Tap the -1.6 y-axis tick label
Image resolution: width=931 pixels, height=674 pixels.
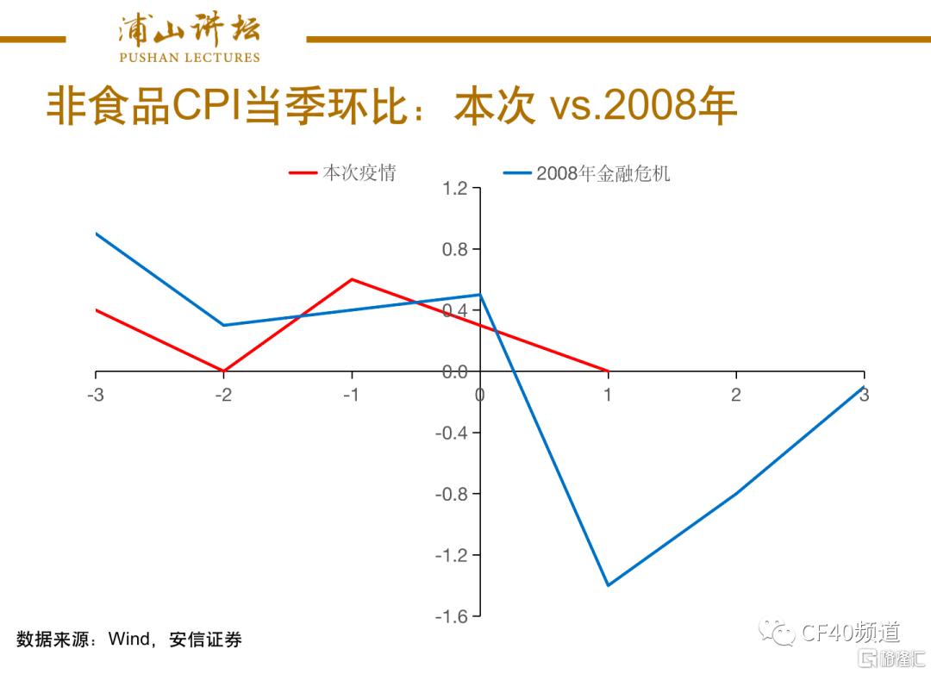(453, 616)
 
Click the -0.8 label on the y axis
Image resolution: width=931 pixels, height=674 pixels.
(453, 494)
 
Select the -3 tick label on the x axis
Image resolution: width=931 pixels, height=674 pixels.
(96, 395)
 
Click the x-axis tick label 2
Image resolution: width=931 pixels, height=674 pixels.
(736, 395)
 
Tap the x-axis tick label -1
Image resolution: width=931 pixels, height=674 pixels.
(351, 395)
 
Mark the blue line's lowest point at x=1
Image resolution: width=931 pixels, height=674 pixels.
(608, 585)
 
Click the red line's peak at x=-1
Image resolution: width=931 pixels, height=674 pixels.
(352, 279)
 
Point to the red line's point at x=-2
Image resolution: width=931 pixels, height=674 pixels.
(224, 371)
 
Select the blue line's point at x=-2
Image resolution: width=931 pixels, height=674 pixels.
(224, 325)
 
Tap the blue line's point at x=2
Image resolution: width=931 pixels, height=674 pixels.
(736, 494)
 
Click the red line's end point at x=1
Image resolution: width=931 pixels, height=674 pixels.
(608, 371)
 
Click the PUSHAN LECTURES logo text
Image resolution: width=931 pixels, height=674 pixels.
(189, 58)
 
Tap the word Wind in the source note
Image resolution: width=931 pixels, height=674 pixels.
(128, 640)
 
